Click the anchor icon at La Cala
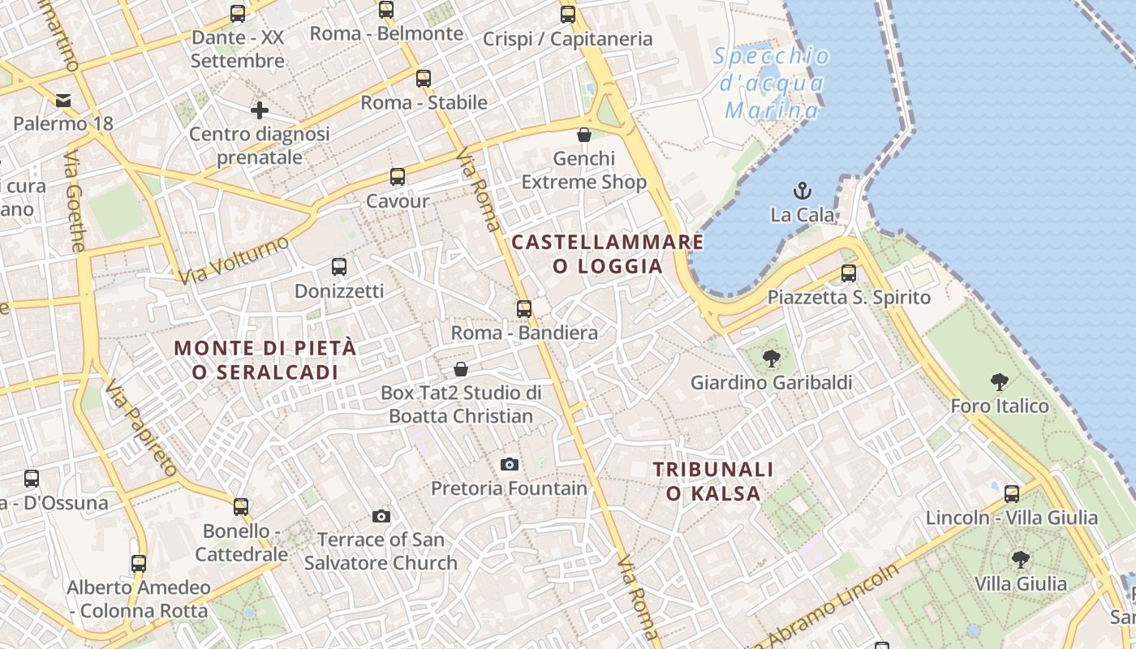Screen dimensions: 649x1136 [x=802, y=191]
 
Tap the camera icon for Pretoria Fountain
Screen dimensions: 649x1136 [x=510, y=464]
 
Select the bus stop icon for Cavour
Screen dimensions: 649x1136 [x=397, y=177]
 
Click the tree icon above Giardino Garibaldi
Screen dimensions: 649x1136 [x=771, y=358]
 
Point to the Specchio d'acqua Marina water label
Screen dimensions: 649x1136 [x=771, y=83]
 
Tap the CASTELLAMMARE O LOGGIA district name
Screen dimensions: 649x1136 [x=608, y=254]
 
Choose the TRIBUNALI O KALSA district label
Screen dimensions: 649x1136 [x=713, y=481]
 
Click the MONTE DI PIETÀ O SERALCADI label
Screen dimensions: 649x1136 [x=265, y=359]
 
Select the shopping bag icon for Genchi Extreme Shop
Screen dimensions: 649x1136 [x=583, y=135]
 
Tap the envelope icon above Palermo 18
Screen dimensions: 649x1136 [x=62, y=101]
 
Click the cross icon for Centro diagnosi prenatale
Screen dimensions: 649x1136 [x=260, y=110]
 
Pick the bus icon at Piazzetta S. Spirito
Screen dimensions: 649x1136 [x=849, y=273]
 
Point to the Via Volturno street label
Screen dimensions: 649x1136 [x=234, y=260]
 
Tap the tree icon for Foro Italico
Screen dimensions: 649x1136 [x=999, y=381]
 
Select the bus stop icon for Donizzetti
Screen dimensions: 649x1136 [x=339, y=266]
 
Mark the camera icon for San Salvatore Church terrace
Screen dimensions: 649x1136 [x=381, y=516]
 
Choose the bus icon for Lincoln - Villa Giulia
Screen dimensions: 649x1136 [x=1012, y=493]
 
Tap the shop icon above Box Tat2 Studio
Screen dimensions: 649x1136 [x=461, y=369]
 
